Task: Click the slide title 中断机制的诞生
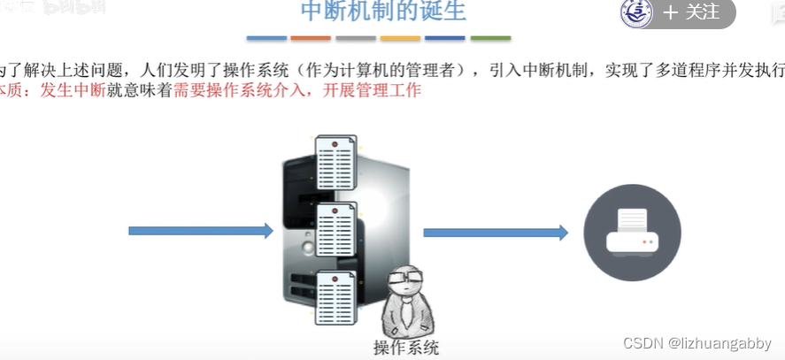tap(382, 12)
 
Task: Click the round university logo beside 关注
tap(636, 12)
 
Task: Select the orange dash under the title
tap(311, 38)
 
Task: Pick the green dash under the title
tap(490, 38)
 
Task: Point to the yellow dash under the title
tap(400, 38)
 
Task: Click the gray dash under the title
tap(356, 38)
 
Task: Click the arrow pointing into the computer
tap(201, 231)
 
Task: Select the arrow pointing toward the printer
tap(495, 233)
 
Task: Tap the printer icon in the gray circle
tap(631, 232)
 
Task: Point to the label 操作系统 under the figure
tap(406, 347)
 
